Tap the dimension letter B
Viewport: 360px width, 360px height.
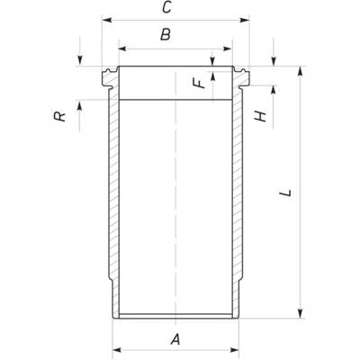(165, 36)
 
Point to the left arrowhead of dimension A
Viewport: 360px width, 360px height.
(115, 350)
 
